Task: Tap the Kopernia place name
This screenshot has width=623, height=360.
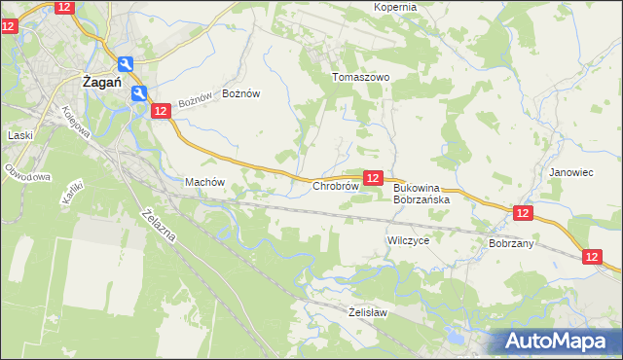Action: [394, 7]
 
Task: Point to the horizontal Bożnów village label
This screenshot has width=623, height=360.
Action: [241, 93]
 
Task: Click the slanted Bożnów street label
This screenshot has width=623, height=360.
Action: [195, 100]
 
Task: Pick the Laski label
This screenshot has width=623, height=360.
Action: [20, 135]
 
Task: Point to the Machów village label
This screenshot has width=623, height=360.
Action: [204, 182]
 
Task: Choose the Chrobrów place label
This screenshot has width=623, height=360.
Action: [336, 186]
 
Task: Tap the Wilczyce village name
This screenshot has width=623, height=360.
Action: [408, 239]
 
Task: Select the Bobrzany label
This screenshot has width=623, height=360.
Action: [511, 243]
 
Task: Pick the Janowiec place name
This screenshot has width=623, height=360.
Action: [570, 172]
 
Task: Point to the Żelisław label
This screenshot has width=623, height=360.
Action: [368, 312]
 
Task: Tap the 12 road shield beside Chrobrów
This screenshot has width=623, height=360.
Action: [373, 178]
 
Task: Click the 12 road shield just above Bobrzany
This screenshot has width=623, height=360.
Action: [523, 213]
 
